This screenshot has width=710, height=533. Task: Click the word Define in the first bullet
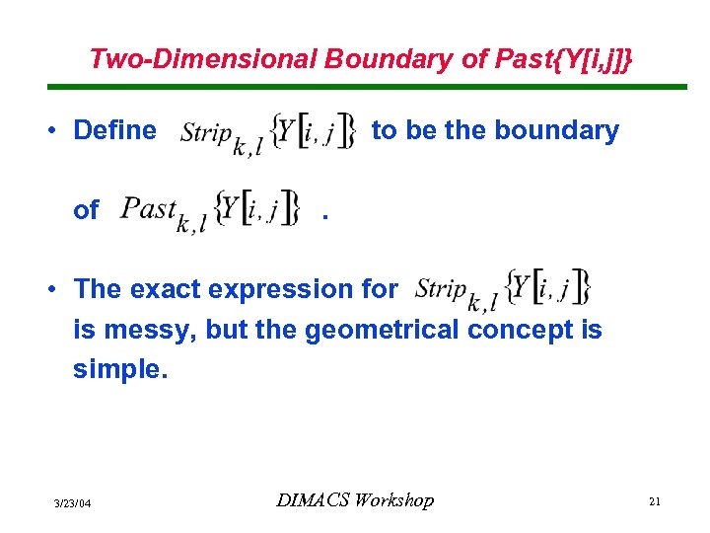(115, 130)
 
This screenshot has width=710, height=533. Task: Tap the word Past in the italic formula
(148, 208)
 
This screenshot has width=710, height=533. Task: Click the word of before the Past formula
(86, 209)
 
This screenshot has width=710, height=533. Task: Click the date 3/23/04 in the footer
(72, 503)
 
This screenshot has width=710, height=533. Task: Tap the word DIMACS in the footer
(312, 500)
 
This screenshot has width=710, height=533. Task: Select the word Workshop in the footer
(393, 500)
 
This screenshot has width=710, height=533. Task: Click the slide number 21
(654, 502)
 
